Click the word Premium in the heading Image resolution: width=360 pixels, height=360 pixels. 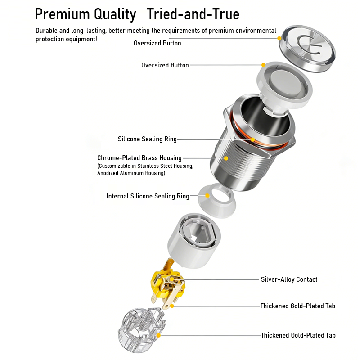(62, 14)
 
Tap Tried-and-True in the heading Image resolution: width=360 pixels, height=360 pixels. (193, 14)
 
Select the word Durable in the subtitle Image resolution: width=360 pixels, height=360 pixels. (47, 31)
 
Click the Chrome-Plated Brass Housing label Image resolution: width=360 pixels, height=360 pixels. (139, 158)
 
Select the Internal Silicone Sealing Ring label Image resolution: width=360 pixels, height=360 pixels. (148, 196)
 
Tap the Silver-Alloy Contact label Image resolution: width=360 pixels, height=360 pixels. (289, 279)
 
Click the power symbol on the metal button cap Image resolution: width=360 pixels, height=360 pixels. (309, 45)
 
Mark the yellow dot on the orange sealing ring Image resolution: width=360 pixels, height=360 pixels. (252, 139)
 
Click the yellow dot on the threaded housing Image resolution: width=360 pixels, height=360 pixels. (226, 158)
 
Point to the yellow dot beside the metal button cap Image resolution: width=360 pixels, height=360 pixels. (279, 38)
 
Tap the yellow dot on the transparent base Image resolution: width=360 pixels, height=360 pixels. (158, 335)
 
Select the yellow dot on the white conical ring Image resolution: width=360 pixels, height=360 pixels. (207, 196)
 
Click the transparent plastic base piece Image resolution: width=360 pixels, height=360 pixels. (141, 330)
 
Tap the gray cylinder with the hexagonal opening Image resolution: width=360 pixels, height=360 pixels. (194, 240)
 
